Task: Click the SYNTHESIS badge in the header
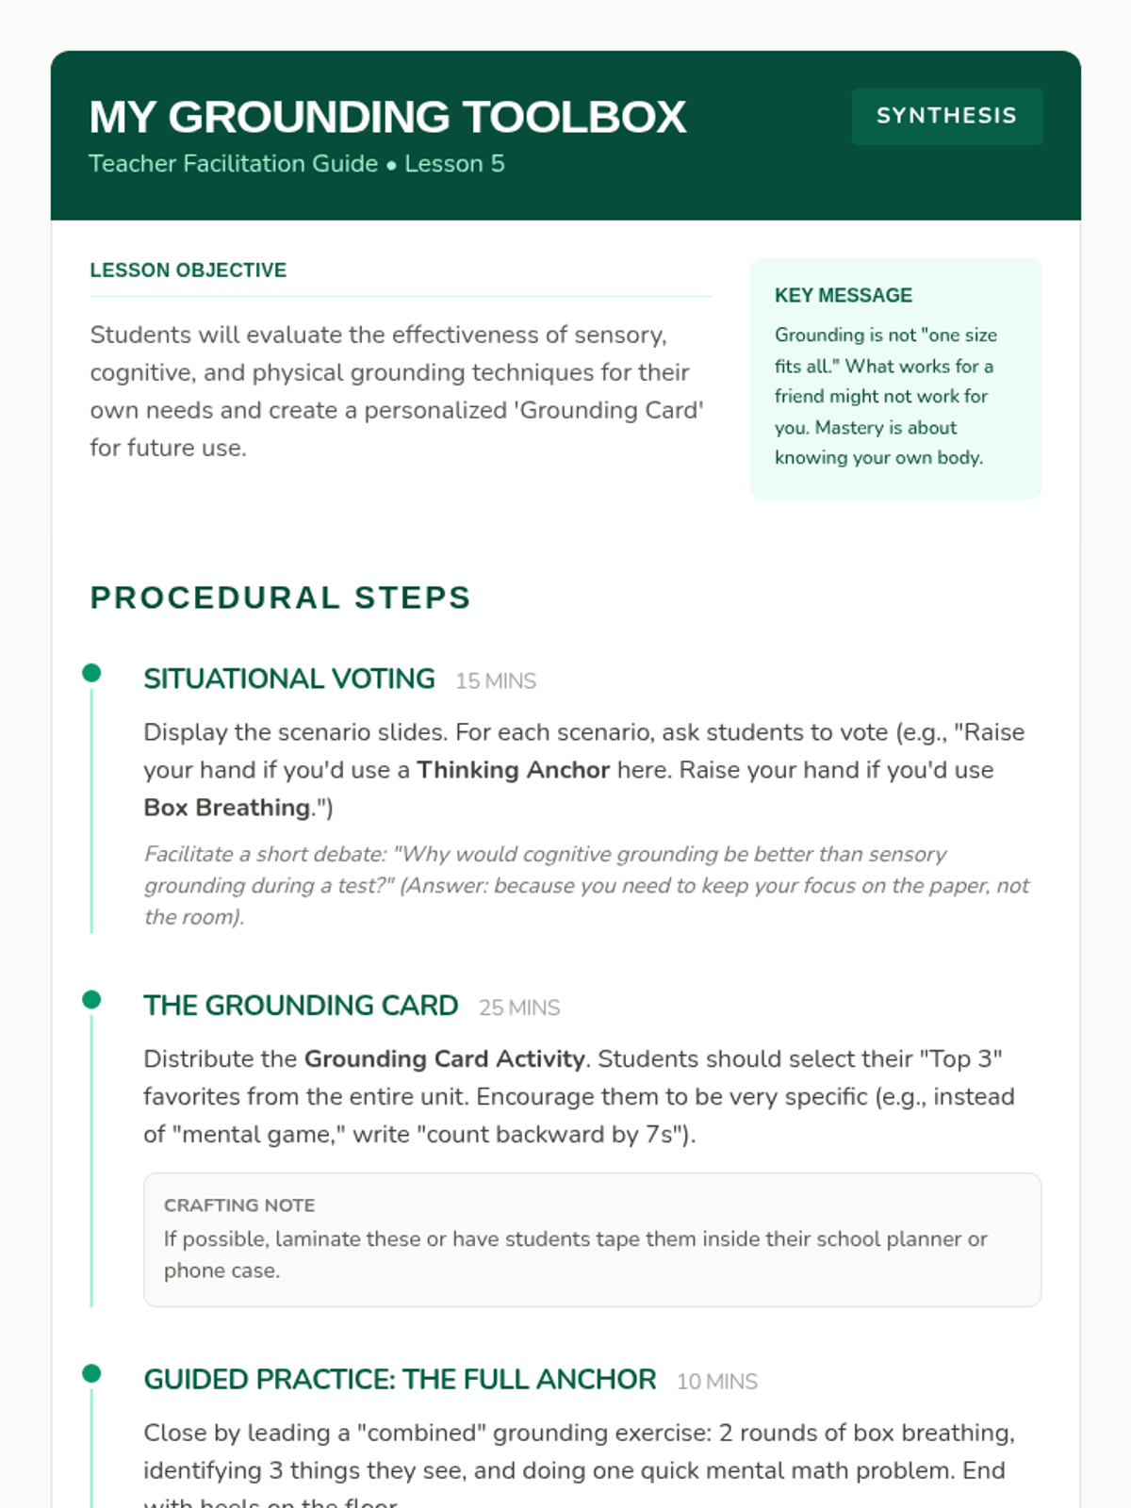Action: (x=946, y=116)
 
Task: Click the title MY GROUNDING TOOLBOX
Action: (x=387, y=118)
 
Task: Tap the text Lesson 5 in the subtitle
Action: (x=454, y=164)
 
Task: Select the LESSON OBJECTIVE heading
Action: (x=188, y=270)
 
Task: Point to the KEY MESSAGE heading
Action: (x=843, y=296)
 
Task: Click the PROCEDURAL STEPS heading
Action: (x=280, y=598)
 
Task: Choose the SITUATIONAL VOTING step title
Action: (x=288, y=679)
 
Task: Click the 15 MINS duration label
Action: (x=496, y=681)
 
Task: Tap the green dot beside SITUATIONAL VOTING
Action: (x=91, y=673)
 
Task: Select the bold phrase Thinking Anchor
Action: (x=513, y=770)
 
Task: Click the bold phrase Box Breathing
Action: (x=226, y=808)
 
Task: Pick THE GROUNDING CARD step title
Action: (x=301, y=1006)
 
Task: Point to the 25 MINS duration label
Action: (x=519, y=1008)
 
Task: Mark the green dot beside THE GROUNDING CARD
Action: (x=91, y=1000)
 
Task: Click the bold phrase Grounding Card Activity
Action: (x=444, y=1059)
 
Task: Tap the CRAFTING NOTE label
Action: (x=239, y=1205)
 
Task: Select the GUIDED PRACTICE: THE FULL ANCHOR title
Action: (x=400, y=1380)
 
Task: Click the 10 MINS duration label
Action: (x=717, y=1383)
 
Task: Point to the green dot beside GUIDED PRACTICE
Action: (x=91, y=1374)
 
